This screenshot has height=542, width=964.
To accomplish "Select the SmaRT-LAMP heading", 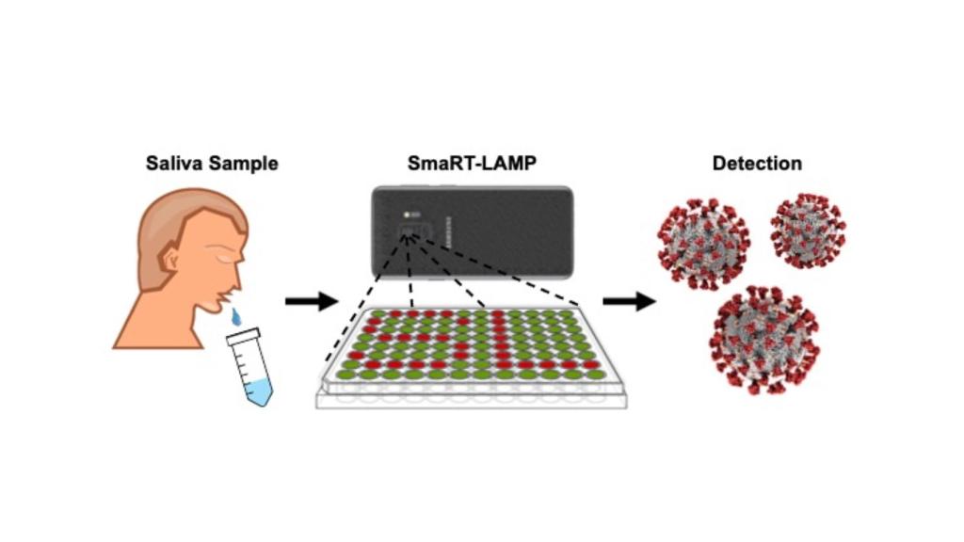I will point(472,163).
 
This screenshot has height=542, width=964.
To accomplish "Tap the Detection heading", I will point(757,163).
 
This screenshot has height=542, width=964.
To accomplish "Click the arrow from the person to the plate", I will point(311,301).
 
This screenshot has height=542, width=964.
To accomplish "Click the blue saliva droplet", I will point(235,315).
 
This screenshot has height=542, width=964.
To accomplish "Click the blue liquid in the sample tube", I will point(257,389).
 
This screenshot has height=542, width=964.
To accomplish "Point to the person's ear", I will point(170,257).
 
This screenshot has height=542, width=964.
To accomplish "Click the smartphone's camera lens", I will point(410,231).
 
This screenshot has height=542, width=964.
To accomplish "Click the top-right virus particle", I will point(808,231).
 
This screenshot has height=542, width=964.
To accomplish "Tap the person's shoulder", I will point(151,325).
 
